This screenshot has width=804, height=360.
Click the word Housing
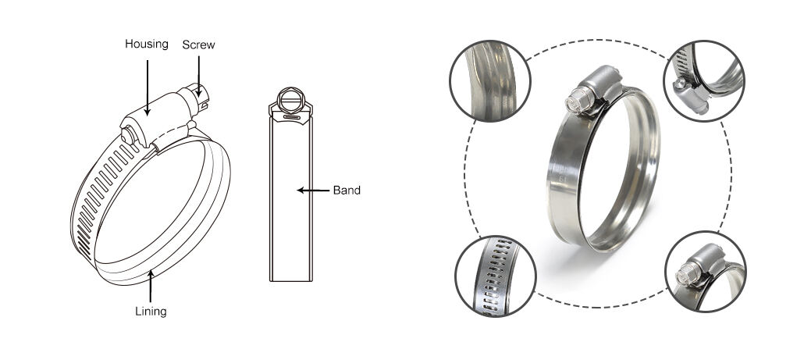[x=146, y=44]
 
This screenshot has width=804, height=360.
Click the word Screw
[x=198, y=45]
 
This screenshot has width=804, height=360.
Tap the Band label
[x=347, y=191]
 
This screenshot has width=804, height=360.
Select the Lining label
[x=151, y=311]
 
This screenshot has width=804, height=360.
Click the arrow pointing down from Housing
[x=148, y=87]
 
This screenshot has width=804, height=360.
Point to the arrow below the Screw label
[x=198, y=77]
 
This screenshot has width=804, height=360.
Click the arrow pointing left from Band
[x=313, y=191]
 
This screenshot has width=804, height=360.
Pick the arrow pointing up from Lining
[x=150, y=286]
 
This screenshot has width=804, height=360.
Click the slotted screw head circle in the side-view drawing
[x=290, y=100]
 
